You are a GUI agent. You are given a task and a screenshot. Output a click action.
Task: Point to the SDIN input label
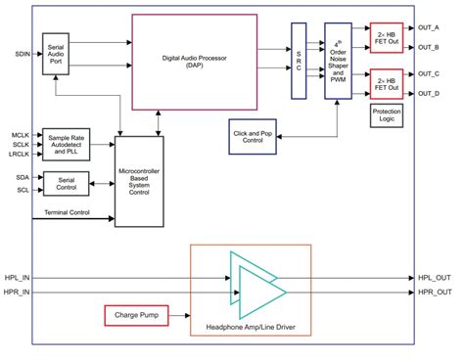(22, 54)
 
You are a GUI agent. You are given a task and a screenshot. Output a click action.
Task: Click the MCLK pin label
(21, 134)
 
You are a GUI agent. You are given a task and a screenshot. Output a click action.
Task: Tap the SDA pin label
(22, 177)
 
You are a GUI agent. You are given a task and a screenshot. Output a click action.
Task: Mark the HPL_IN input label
(19, 277)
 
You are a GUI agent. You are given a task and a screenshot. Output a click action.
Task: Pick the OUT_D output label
(428, 93)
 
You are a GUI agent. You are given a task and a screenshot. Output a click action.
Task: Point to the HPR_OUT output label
(434, 292)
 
